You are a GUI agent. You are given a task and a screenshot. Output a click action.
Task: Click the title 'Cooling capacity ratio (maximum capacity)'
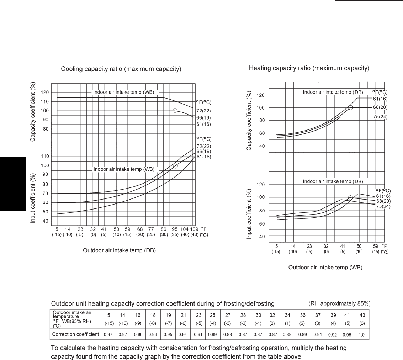[121, 69]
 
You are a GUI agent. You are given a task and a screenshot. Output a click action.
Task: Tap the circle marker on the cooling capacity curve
[175, 111]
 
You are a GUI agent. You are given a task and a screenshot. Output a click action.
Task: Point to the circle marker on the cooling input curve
[175, 166]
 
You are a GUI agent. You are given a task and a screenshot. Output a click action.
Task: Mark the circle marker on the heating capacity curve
[351, 107]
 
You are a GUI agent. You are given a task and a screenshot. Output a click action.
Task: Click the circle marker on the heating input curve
[350, 197]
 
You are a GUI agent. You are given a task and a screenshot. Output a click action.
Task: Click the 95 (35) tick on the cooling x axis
[175, 232]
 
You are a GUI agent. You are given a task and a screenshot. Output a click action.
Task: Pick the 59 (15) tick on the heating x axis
[375, 248]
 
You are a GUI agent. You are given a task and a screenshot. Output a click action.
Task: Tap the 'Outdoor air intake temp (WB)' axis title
[325, 268]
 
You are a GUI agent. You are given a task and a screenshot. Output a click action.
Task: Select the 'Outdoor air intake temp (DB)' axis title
[119, 250]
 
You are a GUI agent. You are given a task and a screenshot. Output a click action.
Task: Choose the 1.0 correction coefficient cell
[362, 335]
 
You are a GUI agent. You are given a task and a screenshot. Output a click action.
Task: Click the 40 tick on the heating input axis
[261, 236]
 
